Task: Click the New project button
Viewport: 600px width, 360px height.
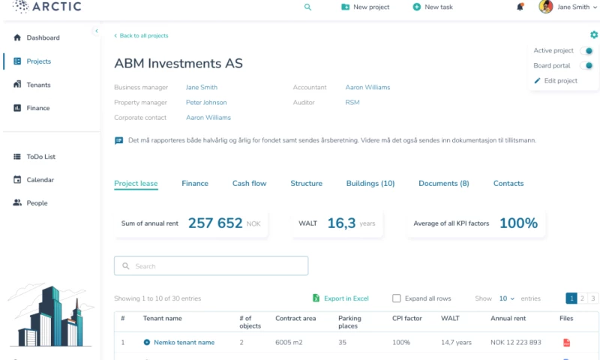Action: [365, 7]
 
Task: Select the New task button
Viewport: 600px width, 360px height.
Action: [433, 7]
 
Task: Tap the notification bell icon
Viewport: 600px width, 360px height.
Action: [520, 7]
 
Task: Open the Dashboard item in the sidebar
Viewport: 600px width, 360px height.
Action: [43, 37]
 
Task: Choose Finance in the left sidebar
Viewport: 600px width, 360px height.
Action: [37, 108]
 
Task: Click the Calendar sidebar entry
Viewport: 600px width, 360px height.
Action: [40, 180]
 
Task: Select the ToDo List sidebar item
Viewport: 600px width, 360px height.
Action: [40, 157]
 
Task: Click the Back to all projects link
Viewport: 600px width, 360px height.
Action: [143, 35]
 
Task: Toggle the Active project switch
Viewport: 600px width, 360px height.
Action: [587, 51]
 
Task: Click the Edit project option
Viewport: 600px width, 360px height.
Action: [560, 81]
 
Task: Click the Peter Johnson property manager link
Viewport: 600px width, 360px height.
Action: [206, 103]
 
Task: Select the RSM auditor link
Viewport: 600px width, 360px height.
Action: [352, 103]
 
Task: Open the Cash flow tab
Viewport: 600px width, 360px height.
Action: [249, 184]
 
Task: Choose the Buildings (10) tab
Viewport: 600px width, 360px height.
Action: [370, 184]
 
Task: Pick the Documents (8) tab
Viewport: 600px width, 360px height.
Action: [444, 184]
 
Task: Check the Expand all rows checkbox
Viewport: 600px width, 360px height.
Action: [397, 298]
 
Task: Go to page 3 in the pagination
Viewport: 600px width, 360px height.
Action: [593, 298]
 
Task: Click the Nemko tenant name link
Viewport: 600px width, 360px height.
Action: [184, 343]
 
